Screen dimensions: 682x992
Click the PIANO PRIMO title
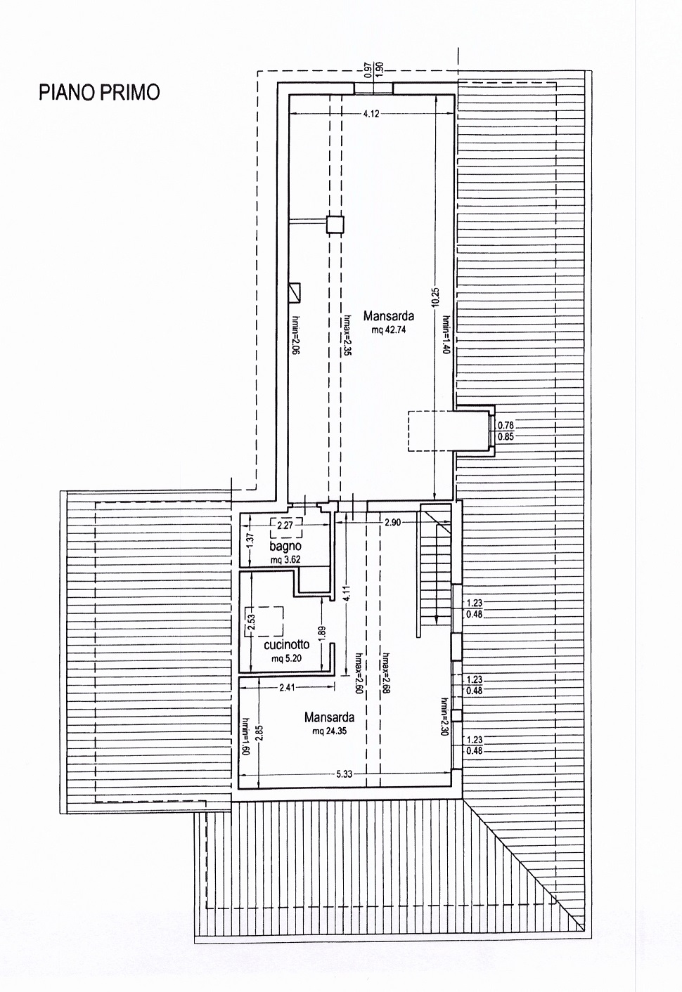[99, 92]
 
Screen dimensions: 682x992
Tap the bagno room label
[285, 546]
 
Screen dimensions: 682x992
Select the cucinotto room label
[287, 644]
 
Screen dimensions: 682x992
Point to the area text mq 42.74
[389, 329]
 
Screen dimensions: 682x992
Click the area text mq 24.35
[329, 731]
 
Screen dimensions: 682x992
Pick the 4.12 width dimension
[371, 114]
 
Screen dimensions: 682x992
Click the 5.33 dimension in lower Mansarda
[345, 774]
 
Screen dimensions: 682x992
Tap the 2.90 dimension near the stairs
[392, 523]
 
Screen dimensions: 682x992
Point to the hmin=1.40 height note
[446, 334]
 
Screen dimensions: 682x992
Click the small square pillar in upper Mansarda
[335, 224]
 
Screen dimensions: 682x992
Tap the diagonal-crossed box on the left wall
[295, 293]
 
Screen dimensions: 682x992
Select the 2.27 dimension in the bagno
[285, 526]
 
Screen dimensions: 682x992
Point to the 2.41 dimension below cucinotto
[287, 687]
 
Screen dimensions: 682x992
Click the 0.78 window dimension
[506, 425]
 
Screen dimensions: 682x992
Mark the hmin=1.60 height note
[246, 736]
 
